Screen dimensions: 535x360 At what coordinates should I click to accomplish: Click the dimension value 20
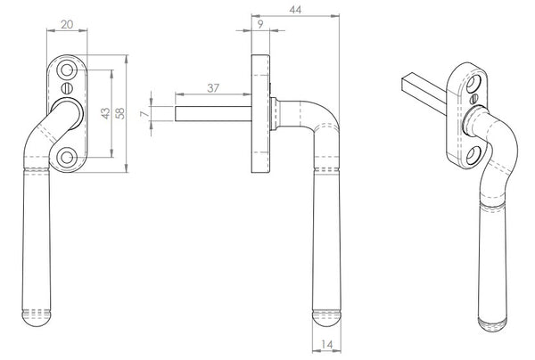(67, 25)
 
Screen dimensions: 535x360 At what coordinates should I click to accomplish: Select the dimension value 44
(295, 10)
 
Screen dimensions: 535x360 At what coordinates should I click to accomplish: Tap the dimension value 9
(260, 25)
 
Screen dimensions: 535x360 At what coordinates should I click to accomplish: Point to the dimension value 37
(213, 88)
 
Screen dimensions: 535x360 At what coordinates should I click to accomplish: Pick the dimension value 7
(145, 113)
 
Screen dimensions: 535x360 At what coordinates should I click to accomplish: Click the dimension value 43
(106, 113)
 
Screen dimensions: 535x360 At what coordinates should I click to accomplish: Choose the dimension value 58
(119, 113)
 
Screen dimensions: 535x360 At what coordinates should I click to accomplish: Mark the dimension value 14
(326, 345)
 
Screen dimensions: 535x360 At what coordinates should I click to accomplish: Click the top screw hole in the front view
(67, 70)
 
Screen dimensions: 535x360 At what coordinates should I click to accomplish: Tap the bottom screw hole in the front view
(67, 158)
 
